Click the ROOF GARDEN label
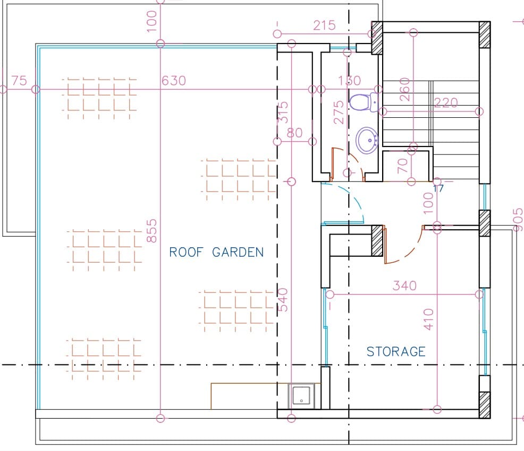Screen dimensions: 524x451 (x=216, y=252)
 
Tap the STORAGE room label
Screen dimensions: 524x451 (x=396, y=352)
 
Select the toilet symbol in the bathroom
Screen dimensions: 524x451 (x=364, y=102)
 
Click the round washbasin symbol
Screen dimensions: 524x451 (x=367, y=140)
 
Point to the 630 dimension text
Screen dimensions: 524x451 (x=173, y=81)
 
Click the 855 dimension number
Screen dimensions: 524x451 (x=151, y=230)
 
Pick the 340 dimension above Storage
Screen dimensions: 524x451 (x=405, y=285)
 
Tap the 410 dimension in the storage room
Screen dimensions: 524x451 (x=428, y=319)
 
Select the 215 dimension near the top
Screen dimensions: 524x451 (x=324, y=25)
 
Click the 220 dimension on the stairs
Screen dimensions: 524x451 (x=446, y=102)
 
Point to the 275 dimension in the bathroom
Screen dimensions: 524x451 (x=339, y=112)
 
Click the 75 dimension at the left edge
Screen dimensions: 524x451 (x=19, y=81)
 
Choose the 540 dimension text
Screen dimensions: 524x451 (x=283, y=300)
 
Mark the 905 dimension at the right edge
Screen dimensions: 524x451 (x=518, y=220)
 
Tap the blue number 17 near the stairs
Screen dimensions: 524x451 (x=438, y=189)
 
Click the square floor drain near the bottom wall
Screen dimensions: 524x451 (x=301, y=396)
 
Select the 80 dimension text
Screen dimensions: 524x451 (x=295, y=133)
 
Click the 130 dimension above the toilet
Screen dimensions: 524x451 (x=349, y=81)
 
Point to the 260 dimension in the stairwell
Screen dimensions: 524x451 (x=404, y=89)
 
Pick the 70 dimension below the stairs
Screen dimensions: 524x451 (x=402, y=166)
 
